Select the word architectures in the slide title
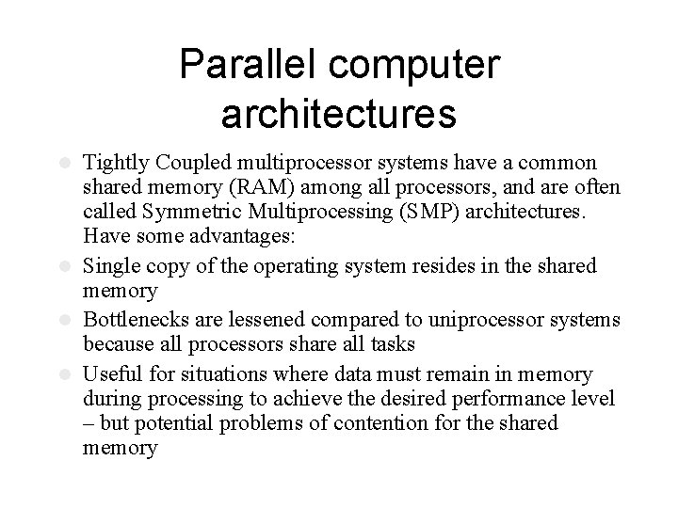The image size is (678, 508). click(339, 113)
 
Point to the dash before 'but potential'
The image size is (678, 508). click(89, 422)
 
